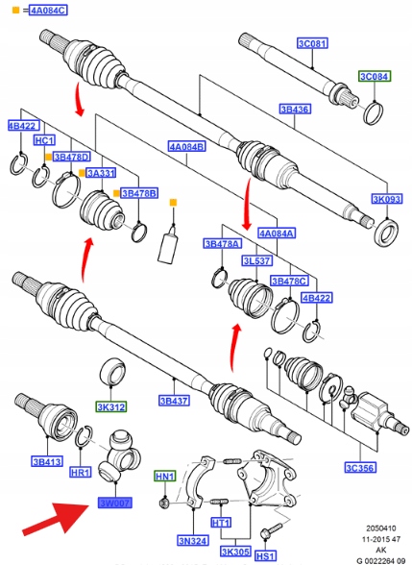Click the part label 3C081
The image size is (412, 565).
[x=313, y=43]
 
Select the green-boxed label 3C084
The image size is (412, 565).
[x=375, y=77]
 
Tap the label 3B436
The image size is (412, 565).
[x=295, y=109]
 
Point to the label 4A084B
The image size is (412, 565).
[x=187, y=147]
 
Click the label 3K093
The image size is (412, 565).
[x=387, y=199]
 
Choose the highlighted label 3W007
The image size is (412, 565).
[x=115, y=503]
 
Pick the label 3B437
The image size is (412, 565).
[x=175, y=401]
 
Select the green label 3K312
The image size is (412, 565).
[x=111, y=407]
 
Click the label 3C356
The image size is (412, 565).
[x=360, y=468]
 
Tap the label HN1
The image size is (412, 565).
[x=164, y=476]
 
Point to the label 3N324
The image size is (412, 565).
[x=193, y=540]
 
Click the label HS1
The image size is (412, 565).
[x=265, y=555]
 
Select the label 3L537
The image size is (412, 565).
[x=256, y=260]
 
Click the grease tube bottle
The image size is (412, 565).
[x=168, y=246]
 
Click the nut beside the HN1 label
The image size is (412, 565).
[x=164, y=502]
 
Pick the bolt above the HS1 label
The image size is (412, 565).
[x=272, y=528]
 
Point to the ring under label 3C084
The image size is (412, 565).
[x=374, y=112]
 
